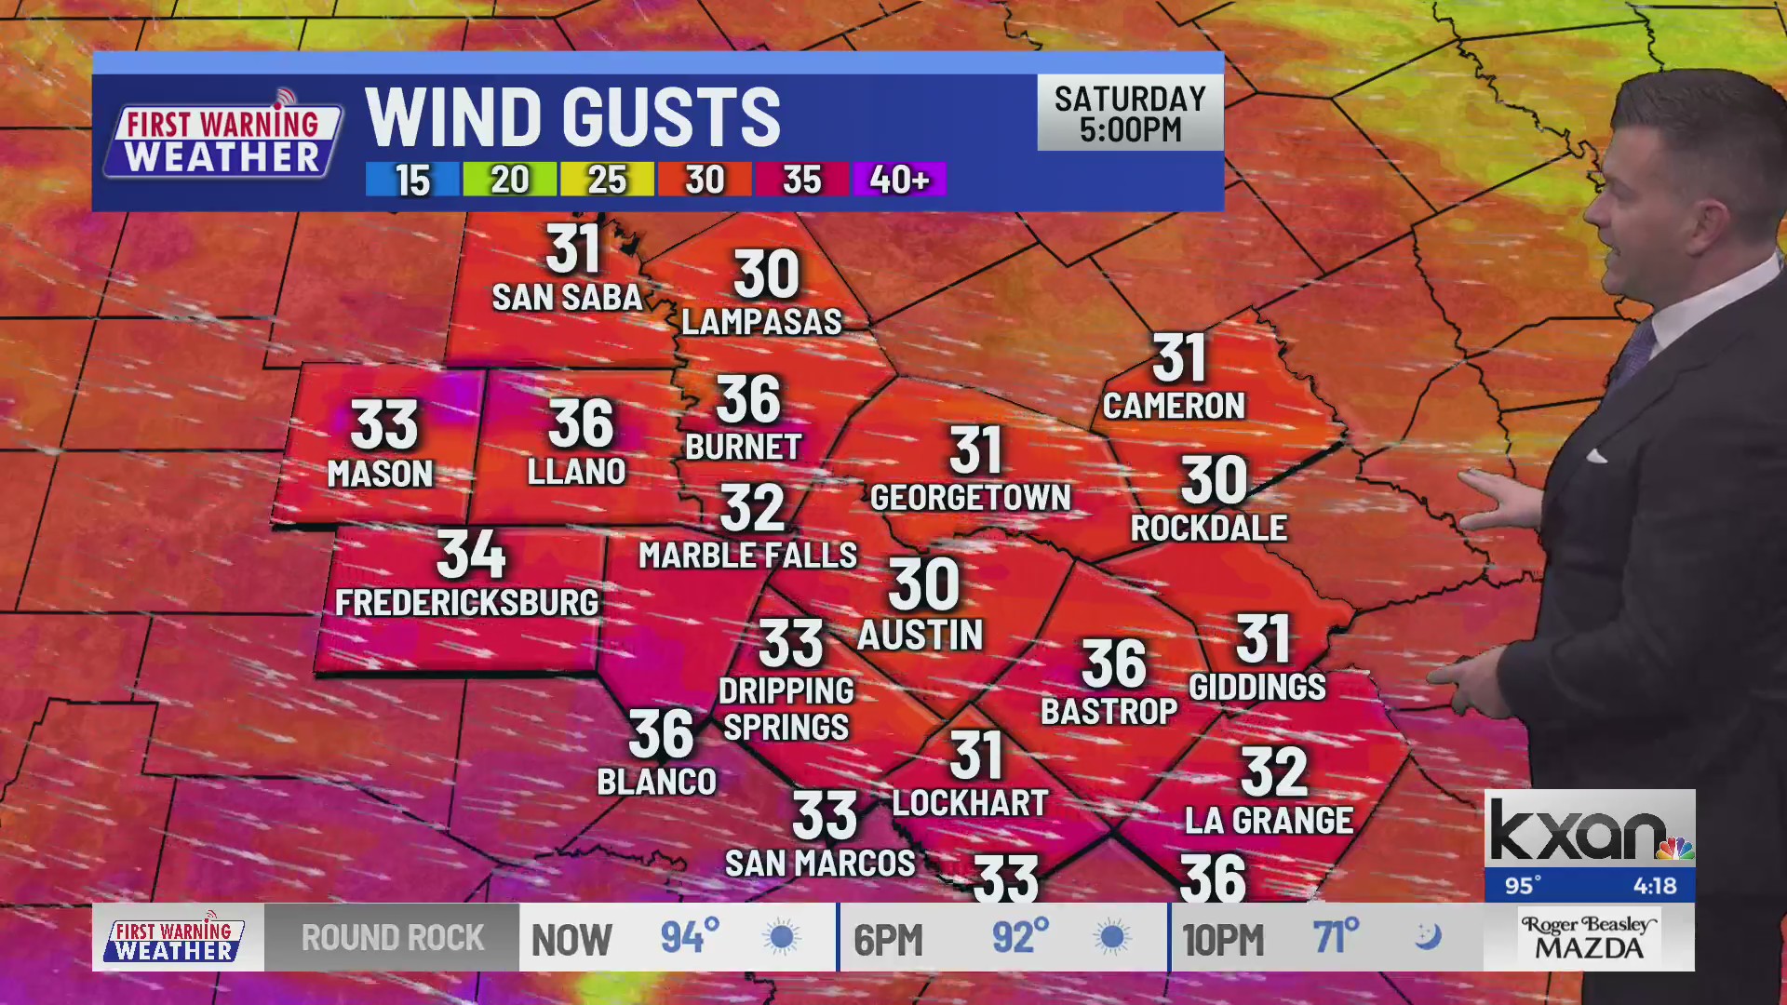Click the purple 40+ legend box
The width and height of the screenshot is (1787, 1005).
click(898, 179)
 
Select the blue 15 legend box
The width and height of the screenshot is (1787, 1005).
click(411, 180)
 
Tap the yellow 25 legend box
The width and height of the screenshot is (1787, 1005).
click(607, 180)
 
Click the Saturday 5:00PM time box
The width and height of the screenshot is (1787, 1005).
click(1130, 114)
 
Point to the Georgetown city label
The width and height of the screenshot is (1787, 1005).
click(970, 498)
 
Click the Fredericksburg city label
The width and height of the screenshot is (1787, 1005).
click(466, 603)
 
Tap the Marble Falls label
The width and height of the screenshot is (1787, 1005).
click(747, 556)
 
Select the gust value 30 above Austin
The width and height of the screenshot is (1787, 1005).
click(923, 584)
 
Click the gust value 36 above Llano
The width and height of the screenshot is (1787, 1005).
click(581, 423)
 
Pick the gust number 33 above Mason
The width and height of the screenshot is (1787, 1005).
click(384, 425)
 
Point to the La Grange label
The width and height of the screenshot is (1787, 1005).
click(1269, 821)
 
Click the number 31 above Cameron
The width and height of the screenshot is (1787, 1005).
click(1180, 358)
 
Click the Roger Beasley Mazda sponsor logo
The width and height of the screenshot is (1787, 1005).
click(1589, 938)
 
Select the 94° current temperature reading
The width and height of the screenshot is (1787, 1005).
click(690, 937)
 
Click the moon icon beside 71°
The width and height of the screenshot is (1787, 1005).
click(1428, 936)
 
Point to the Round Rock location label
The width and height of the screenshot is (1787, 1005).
click(392, 938)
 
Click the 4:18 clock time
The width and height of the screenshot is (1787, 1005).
click(1654, 886)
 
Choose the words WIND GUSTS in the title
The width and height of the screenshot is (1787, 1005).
click(572, 117)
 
